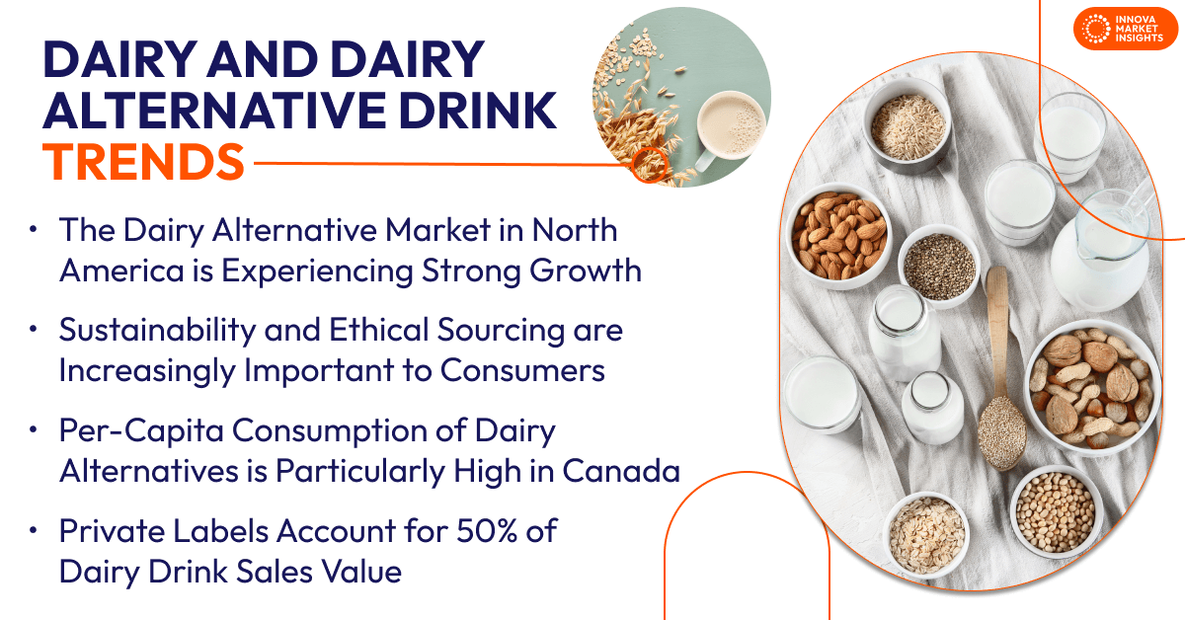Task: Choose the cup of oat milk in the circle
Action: click(x=730, y=123)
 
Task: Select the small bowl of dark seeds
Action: click(x=937, y=264)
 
